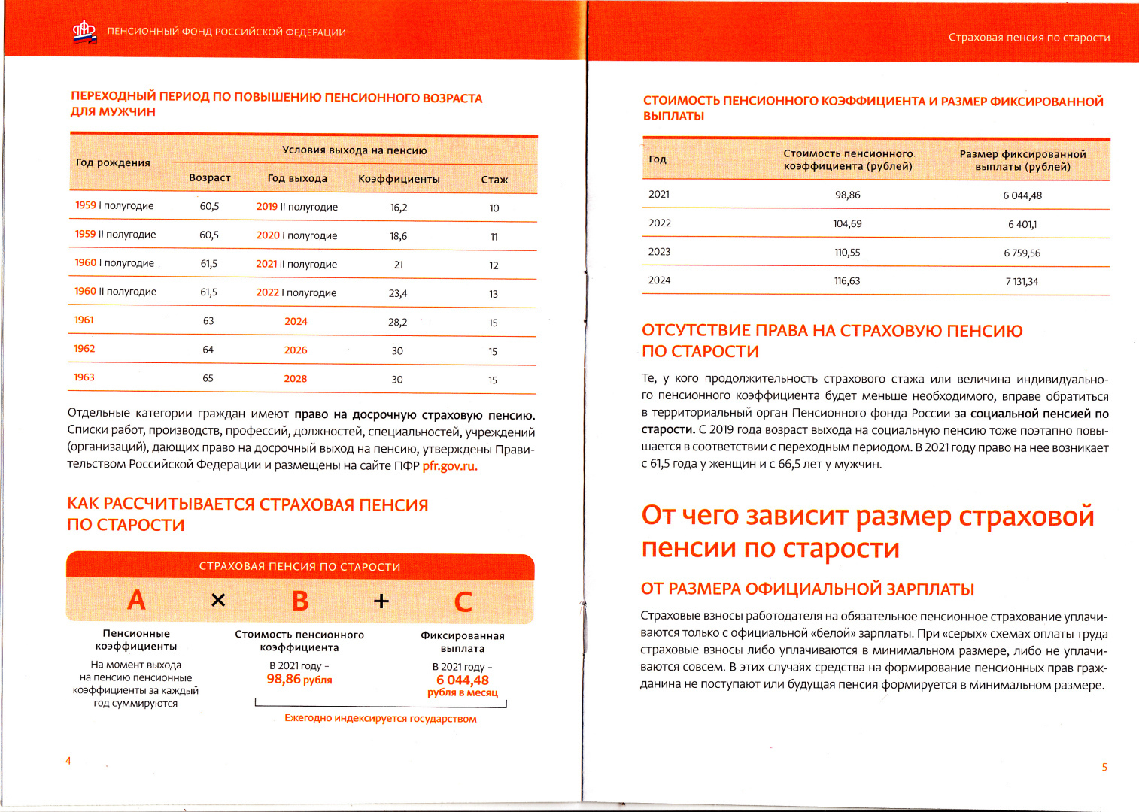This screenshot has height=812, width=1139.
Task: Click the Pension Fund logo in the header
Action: (84, 32)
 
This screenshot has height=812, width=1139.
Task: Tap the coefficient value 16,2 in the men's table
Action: (399, 208)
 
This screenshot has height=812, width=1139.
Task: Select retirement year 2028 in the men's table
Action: (296, 379)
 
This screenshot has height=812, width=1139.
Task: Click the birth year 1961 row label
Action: (84, 320)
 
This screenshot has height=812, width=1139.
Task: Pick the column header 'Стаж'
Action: (494, 180)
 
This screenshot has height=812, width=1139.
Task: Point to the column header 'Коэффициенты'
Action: (399, 180)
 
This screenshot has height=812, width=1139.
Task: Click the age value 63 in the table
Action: (208, 321)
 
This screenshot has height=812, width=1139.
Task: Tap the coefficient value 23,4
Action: (398, 294)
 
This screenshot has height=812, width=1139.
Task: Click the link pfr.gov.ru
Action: (450, 466)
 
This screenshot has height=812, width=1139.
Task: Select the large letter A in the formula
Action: (136, 600)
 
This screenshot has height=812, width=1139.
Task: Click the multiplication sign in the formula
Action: (218, 600)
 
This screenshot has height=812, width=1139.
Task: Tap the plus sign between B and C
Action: (381, 601)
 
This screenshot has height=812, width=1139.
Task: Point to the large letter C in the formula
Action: (463, 602)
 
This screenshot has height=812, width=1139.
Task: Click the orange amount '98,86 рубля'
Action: (299, 680)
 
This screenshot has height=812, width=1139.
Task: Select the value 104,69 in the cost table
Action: (847, 224)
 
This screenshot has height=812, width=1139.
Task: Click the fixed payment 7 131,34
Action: (1022, 282)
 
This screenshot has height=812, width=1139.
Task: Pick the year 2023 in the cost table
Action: (659, 252)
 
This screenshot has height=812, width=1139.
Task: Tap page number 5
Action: (1104, 768)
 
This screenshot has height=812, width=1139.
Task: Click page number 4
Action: (68, 761)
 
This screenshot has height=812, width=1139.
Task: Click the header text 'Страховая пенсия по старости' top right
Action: (1028, 38)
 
